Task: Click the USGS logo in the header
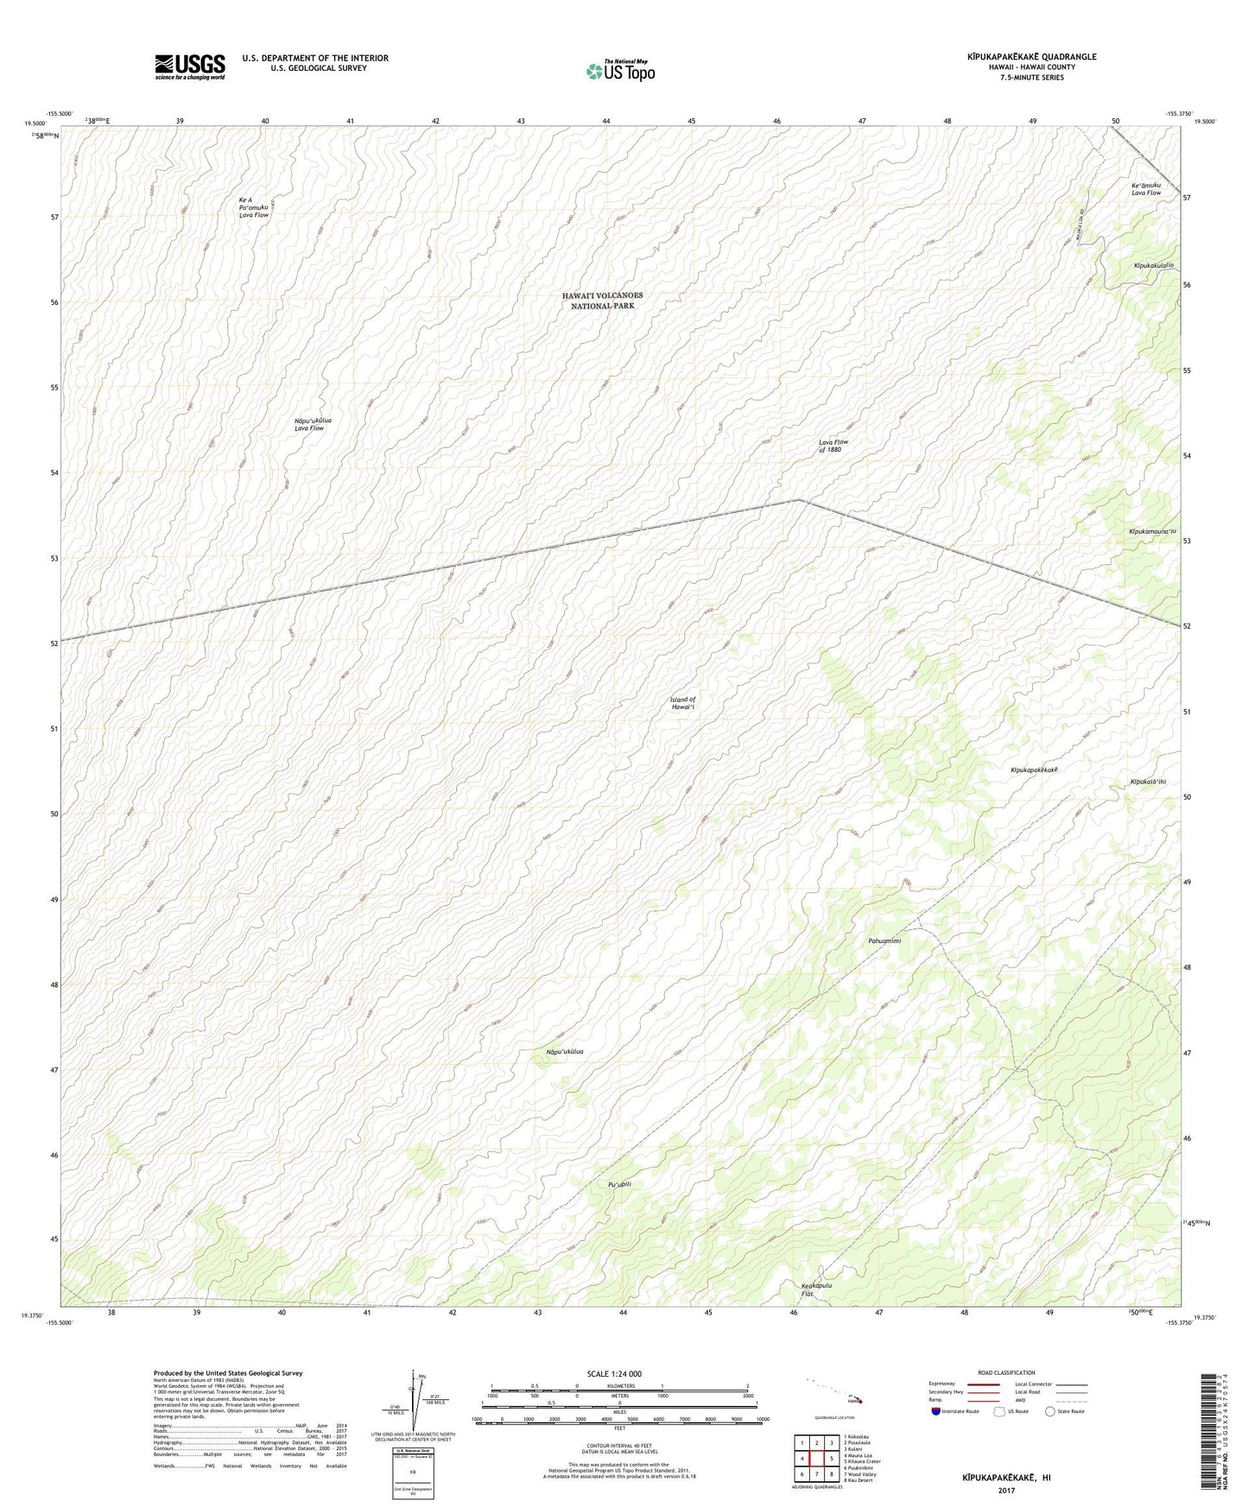[190, 67]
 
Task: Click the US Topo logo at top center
[620, 71]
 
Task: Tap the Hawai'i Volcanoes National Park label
[602, 301]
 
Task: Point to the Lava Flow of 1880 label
[833, 446]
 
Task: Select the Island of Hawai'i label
[682, 703]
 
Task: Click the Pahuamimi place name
[884, 941]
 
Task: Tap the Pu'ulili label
[620, 1184]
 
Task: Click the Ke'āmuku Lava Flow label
[1146, 188]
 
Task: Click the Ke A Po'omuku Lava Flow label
[254, 207]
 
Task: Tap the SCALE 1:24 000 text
[613, 1373]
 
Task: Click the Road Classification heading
[1006, 1372]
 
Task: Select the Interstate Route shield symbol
[937, 1411]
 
